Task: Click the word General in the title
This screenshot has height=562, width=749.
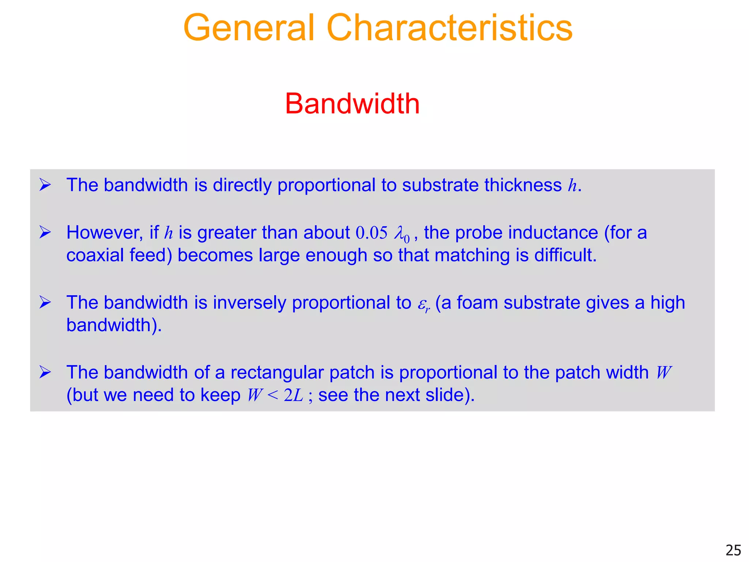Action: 249,28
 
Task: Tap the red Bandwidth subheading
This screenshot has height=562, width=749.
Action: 352,104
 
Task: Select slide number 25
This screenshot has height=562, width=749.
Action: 733,550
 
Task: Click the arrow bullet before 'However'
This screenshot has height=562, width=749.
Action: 45,232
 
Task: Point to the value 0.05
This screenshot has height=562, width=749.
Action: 371,233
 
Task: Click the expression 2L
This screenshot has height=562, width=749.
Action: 293,396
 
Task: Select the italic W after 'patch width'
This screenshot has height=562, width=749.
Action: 664,373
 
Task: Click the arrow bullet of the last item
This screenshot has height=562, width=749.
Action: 45,372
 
